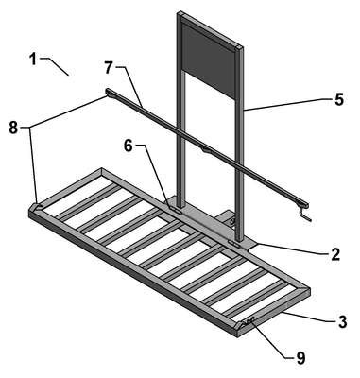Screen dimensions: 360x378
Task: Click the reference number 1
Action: point(33,60)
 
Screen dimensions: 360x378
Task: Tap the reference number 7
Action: point(109,68)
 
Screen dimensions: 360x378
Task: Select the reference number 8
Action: point(13,128)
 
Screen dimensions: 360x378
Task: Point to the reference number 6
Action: point(129,146)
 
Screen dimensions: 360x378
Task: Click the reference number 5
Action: point(338,100)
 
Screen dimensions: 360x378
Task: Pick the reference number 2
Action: point(335,254)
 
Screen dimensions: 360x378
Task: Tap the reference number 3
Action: point(342,322)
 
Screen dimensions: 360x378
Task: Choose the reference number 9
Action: point(300,358)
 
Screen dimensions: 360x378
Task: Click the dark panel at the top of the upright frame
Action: point(209,60)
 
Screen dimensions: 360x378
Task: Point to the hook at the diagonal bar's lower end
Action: point(305,213)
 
